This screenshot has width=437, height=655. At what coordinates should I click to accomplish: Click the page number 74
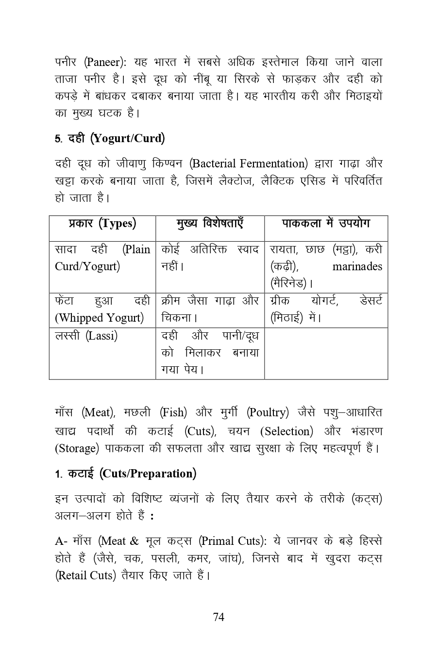pyautogui.click(x=218, y=617)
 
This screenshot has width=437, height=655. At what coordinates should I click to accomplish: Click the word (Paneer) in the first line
pyautogui.click(x=105, y=63)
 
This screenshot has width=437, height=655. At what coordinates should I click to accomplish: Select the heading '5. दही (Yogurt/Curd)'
pyautogui.click(x=110, y=139)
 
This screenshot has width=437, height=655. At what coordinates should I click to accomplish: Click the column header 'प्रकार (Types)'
pyautogui.click(x=102, y=224)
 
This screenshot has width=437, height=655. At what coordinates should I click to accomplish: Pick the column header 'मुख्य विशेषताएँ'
pyautogui.click(x=210, y=224)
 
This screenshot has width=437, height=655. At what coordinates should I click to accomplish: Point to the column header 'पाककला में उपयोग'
pyautogui.click(x=326, y=224)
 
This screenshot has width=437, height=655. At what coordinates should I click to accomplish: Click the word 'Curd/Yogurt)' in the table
pyautogui.click(x=87, y=266)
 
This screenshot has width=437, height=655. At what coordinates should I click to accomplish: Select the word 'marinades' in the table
pyautogui.click(x=357, y=266)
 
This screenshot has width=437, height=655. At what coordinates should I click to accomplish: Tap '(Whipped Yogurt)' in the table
pyautogui.click(x=99, y=318)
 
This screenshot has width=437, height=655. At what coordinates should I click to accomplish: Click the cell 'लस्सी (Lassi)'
pyautogui.click(x=86, y=336)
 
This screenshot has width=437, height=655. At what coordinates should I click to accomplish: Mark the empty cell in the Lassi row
pyautogui.click(x=326, y=353)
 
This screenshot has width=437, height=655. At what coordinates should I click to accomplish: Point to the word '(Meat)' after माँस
pyautogui.click(x=98, y=413)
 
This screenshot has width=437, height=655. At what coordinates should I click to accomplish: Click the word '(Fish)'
pyautogui.click(x=173, y=413)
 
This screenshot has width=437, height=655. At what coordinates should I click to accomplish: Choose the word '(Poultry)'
pyautogui.click(x=268, y=413)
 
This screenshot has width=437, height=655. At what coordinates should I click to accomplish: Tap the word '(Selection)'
pyautogui.click(x=286, y=431)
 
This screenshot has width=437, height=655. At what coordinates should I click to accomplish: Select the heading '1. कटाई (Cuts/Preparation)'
pyautogui.click(x=126, y=474)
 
